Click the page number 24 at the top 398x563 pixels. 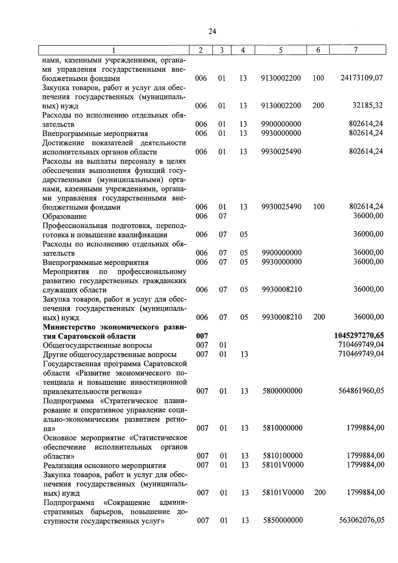[x=212, y=32]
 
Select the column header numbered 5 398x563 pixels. [x=281, y=50]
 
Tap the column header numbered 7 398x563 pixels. [x=356, y=50]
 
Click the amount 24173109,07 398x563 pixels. [x=362, y=78]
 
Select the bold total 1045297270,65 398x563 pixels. [x=359, y=336]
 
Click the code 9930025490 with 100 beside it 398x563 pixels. [x=281, y=207]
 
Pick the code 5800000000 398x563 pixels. [x=282, y=391]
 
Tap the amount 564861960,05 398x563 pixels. [x=361, y=391]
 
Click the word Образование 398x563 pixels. [x=64, y=216]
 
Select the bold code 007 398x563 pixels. [x=202, y=336]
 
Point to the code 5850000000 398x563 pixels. [x=283, y=520]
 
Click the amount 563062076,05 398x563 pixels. [x=362, y=520]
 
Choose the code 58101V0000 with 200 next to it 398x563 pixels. [x=283, y=493]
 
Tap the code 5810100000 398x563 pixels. [x=283, y=456]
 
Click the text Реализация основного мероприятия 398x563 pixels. [x=104, y=465]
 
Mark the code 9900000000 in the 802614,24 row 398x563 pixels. [x=281, y=124]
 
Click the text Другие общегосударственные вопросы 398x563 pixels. [x=110, y=355]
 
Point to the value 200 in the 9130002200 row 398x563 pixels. [x=318, y=106]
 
